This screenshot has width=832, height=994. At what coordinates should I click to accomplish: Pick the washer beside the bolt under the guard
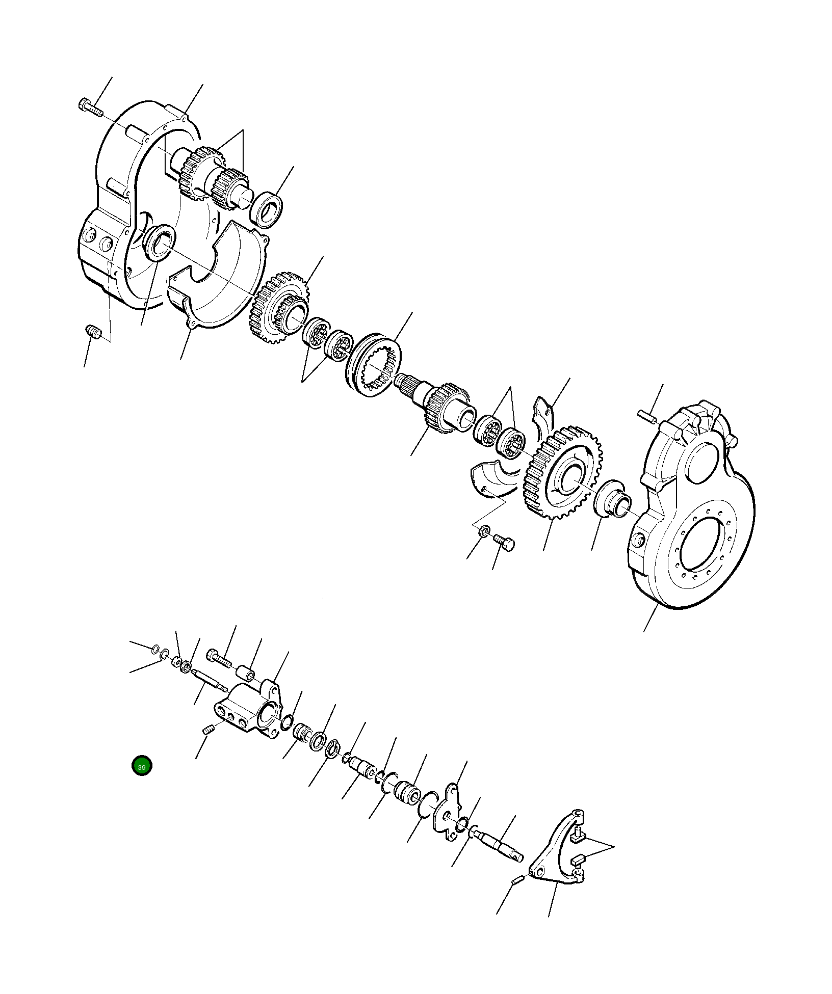485,531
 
